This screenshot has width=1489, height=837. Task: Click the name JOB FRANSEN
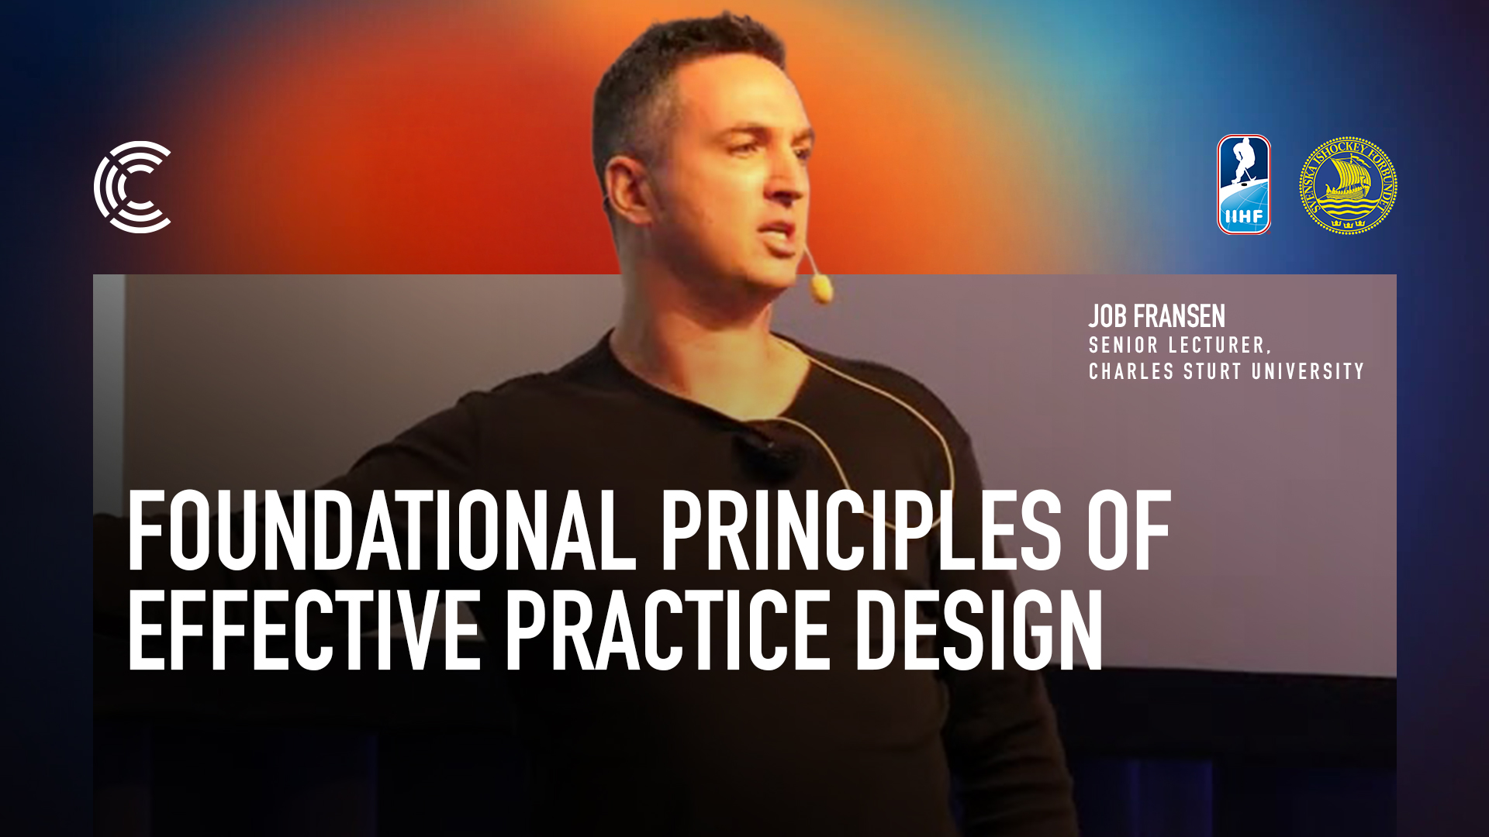pyautogui.click(x=1156, y=316)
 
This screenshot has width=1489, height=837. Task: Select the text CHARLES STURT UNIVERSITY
pyautogui.click(x=1226, y=371)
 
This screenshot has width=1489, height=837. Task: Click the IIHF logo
pyautogui.click(x=1244, y=184)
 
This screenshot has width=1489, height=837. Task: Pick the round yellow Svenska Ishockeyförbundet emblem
pyautogui.click(x=1348, y=185)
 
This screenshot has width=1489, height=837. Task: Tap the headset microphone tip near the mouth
pyautogui.click(x=822, y=290)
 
